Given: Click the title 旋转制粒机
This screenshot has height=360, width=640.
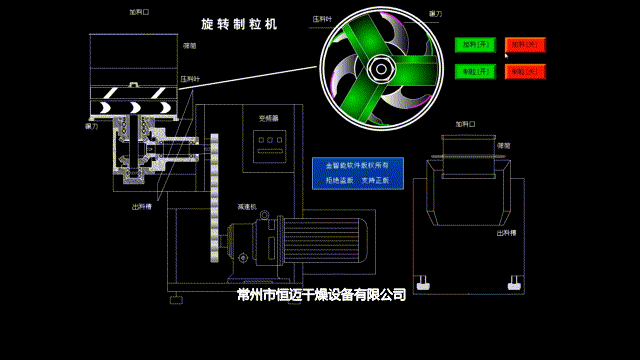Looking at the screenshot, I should pyautogui.click(x=240, y=23).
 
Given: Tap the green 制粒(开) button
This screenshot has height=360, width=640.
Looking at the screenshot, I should pyautogui.click(x=475, y=72).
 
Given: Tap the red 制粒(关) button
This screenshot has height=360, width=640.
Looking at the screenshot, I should pyautogui.click(x=525, y=72).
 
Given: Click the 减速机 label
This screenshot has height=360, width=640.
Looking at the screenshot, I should pyautogui.click(x=247, y=207).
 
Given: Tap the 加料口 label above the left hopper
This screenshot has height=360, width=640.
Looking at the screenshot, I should pyautogui.click(x=139, y=13).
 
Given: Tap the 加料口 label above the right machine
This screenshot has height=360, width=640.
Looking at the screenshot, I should pyautogui.click(x=466, y=124).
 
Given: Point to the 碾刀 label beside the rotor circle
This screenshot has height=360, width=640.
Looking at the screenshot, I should pyautogui.click(x=435, y=14).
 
